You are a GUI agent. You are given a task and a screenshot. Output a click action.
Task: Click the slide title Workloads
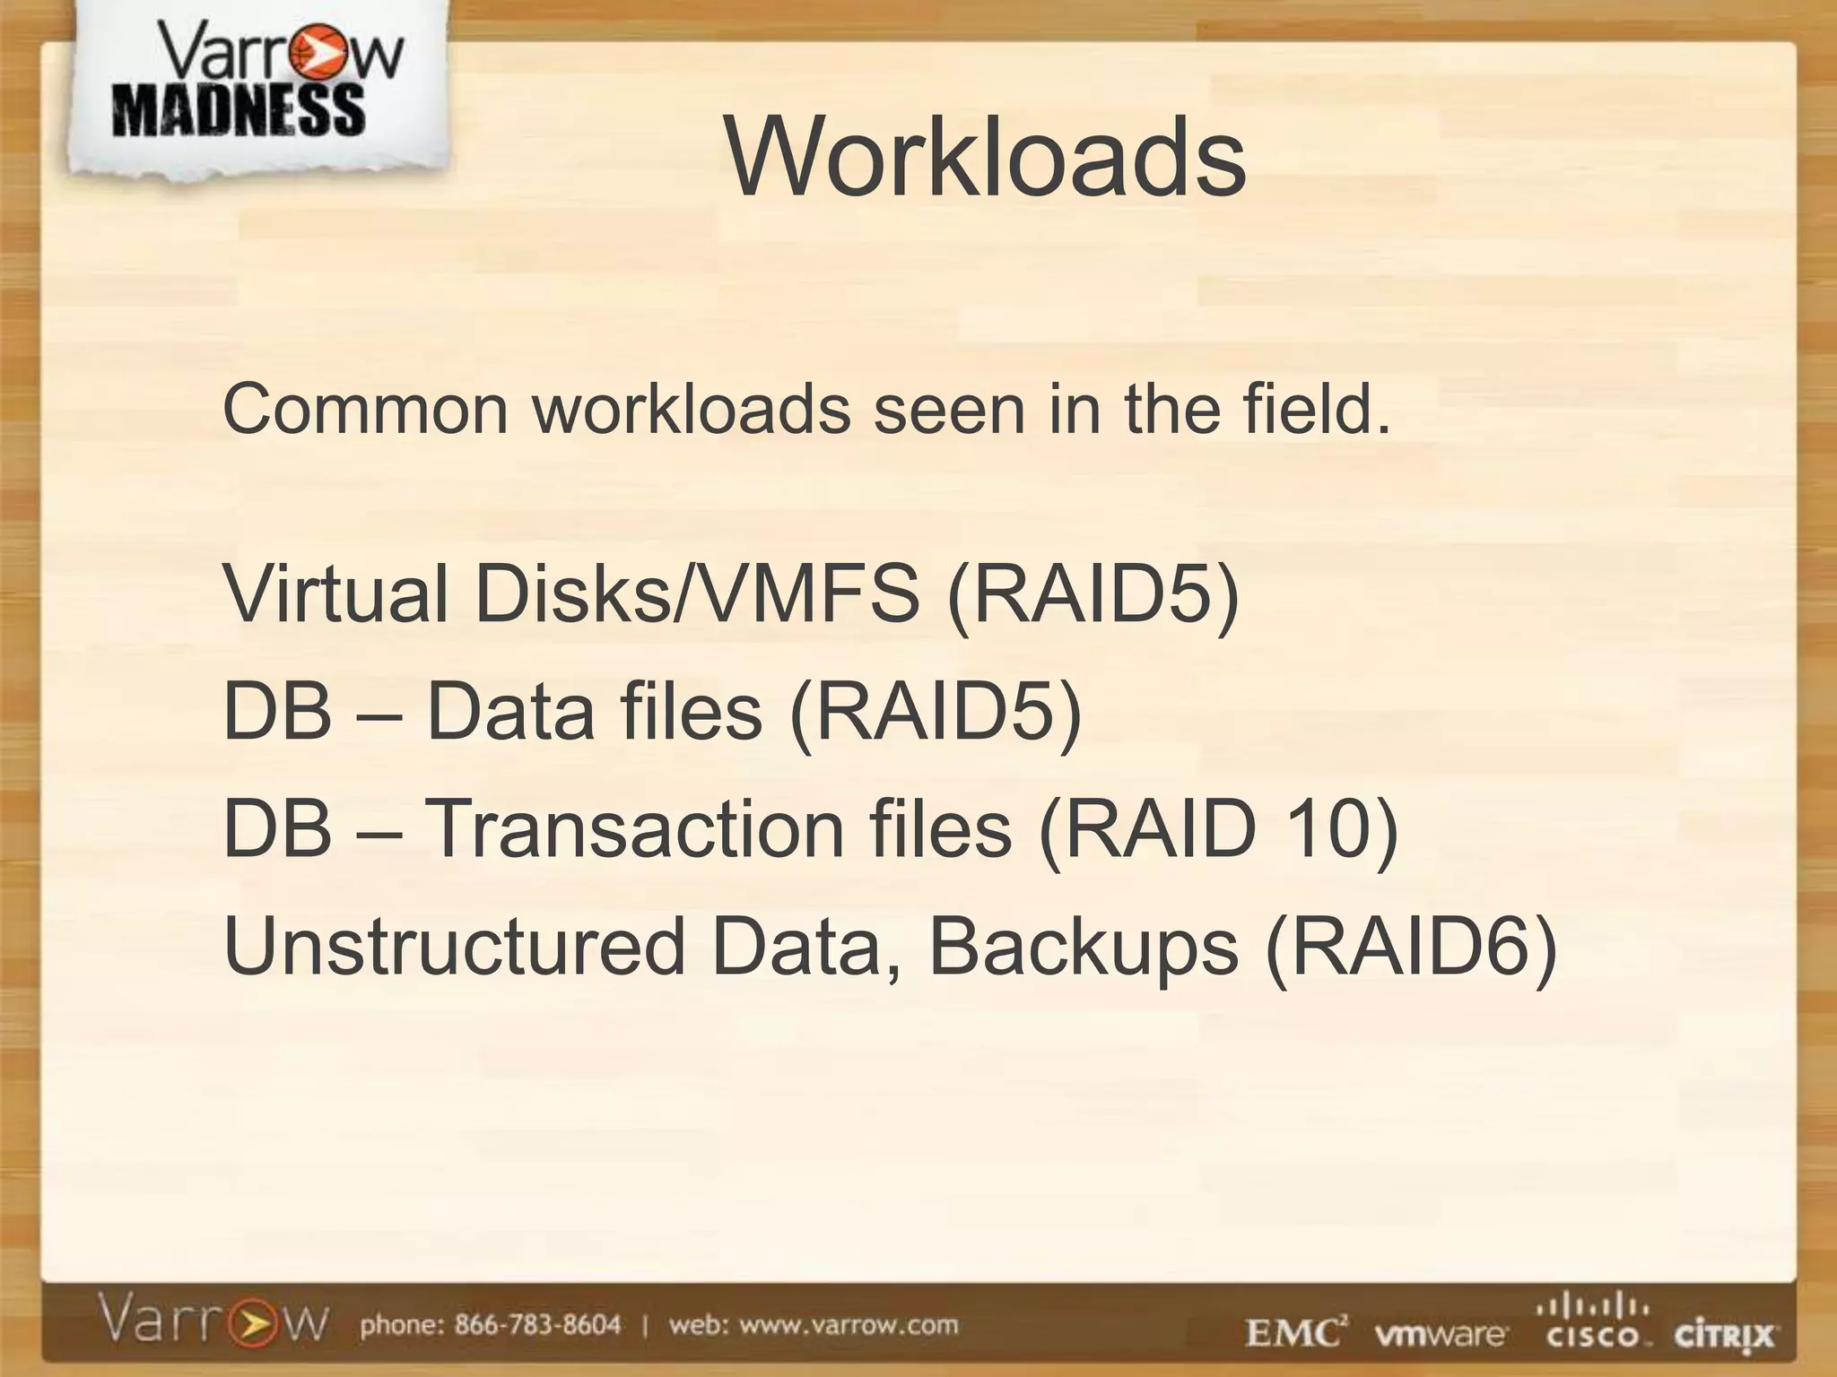985,158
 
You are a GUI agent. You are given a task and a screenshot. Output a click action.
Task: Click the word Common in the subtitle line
366,410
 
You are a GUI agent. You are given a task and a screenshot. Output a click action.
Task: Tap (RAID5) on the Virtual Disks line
1093,594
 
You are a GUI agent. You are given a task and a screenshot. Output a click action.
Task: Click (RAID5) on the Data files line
936,712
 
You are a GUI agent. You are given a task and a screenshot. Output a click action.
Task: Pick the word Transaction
633,828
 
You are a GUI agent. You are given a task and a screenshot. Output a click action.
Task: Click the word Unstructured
454,947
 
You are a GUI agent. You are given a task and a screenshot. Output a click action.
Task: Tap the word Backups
1083,948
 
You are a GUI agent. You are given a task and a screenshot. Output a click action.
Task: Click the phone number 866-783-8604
537,1324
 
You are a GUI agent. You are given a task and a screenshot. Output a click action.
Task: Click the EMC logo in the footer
1295,1333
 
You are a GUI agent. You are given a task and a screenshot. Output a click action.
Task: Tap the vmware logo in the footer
1440,1334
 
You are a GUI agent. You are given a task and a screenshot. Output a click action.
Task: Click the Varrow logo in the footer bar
213,1323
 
